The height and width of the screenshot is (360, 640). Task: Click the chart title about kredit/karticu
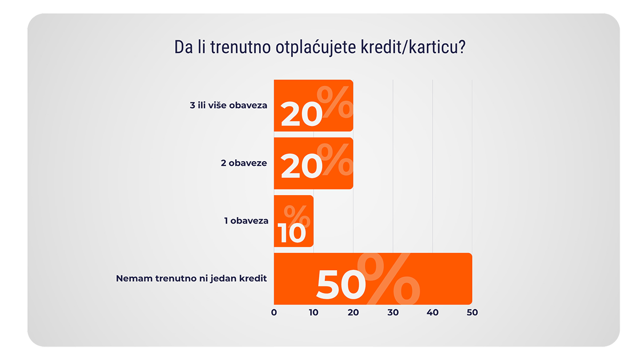320,47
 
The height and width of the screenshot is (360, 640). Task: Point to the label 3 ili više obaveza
228,106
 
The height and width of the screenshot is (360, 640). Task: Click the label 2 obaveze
244,163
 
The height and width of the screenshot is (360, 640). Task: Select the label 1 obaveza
246,220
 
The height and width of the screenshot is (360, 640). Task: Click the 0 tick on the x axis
274,313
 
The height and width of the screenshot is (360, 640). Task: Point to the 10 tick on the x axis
314,313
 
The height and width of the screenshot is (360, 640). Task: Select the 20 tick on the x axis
353,313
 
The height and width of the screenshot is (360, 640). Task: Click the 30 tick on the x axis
393,313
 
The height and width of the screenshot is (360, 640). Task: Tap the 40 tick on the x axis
433,313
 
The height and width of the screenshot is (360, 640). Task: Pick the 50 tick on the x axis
472,313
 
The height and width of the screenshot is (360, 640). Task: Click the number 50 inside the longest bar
341,286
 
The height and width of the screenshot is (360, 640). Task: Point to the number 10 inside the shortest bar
292,234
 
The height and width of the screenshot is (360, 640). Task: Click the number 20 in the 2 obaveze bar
301,167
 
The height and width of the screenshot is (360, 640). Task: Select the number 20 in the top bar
301,114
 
